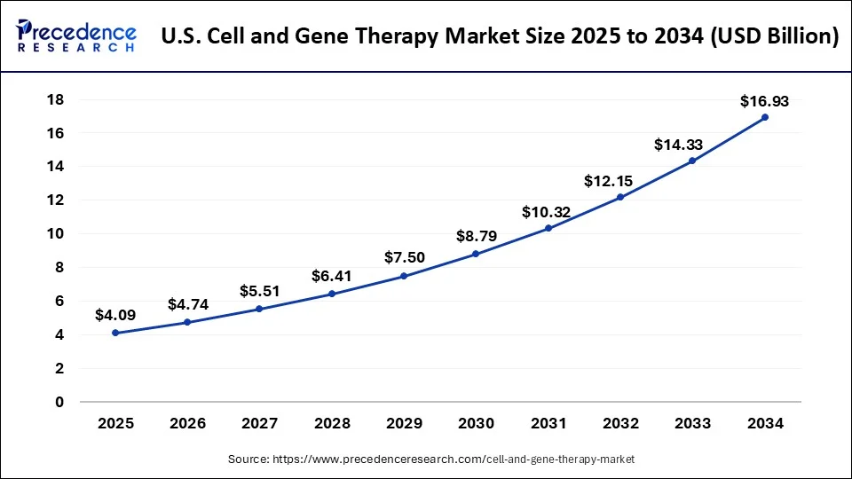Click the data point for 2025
point(115,333)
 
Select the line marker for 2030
point(476,254)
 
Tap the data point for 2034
point(764,117)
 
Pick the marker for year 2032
point(620,197)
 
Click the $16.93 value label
point(764,101)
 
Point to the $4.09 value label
point(115,315)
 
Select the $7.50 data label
point(404,257)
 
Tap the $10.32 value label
point(548,212)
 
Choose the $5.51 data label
point(260,291)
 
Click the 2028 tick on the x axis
point(332,424)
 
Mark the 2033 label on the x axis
point(692,424)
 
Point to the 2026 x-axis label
point(187,424)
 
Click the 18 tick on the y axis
point(55,99)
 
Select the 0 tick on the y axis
point(59,402)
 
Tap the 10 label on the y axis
point(55,233)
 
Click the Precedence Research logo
point(76,36)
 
